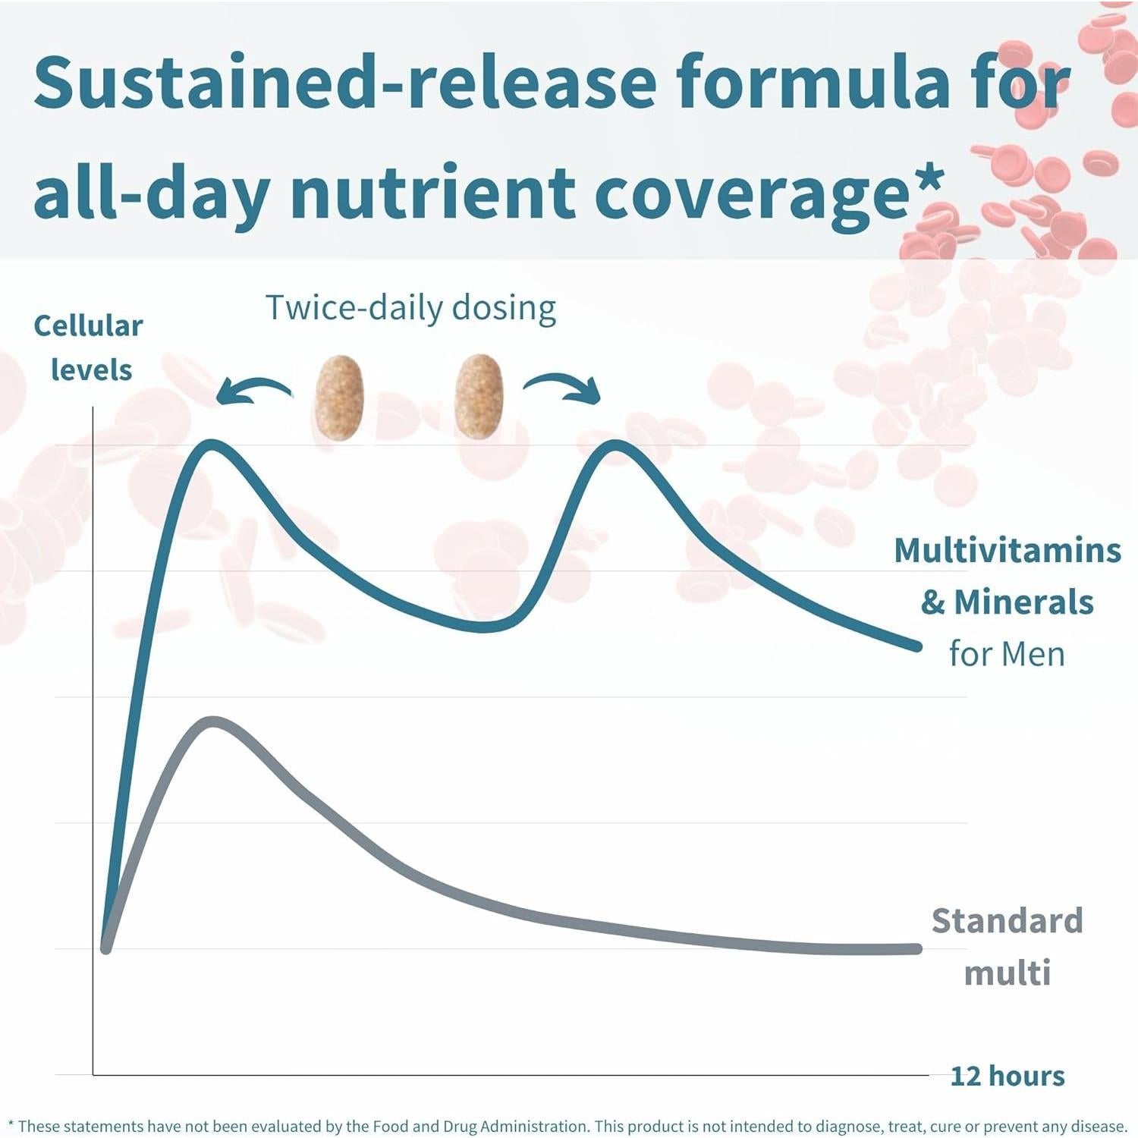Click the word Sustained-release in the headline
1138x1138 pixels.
coord(345,82)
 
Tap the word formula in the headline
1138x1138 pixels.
coord(813,82)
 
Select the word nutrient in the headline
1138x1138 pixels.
coord(432,193)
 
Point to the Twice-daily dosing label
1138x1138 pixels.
coord(410,308)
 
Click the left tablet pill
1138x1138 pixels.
coord(339,397)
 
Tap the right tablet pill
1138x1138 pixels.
coord(479,397)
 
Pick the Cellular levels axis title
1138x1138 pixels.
coord(89,347)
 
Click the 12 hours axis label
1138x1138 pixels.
coord(1007,1076)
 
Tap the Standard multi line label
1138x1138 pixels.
coord(1007,946)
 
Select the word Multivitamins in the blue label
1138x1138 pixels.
coord(1007,551)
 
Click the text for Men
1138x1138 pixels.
coord(1007,654)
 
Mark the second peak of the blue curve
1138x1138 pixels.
coord(615,445)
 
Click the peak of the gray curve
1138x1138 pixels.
coord(212,721)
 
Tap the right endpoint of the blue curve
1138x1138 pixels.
coord(916,646)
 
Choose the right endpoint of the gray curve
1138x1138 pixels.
coord(916,948)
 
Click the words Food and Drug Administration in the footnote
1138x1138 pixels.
coord(480,1127)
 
